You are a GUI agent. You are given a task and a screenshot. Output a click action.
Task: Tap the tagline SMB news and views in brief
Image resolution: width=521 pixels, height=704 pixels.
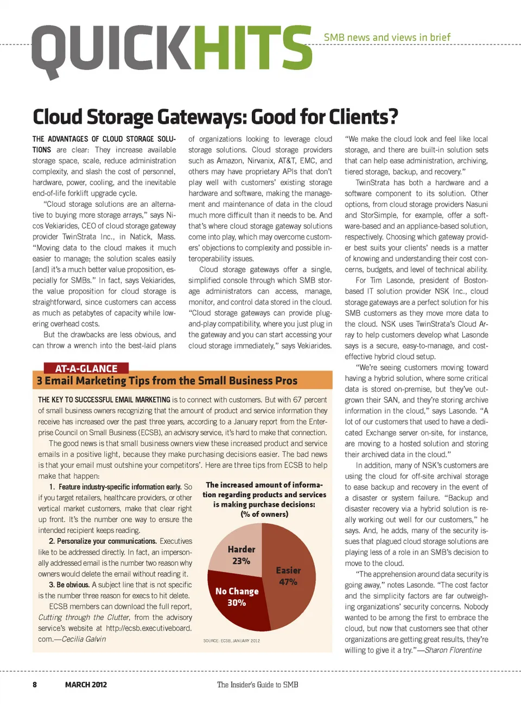coord(387,37)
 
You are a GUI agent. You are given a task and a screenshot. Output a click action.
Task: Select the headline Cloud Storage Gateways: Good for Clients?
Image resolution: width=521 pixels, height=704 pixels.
coord(215,117)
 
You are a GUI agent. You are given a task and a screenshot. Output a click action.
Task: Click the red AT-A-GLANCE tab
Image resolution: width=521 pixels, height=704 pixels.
coord(86,369)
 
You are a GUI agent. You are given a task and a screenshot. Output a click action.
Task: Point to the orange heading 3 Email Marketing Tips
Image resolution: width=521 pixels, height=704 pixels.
coord(167,380)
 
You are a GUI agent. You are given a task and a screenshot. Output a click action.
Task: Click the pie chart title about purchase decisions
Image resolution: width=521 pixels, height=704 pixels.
coord(264,499)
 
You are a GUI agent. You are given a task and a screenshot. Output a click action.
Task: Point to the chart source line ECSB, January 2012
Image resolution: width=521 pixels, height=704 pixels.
coord(232,640)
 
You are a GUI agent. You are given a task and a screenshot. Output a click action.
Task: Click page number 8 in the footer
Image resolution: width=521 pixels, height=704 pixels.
coord(35,684)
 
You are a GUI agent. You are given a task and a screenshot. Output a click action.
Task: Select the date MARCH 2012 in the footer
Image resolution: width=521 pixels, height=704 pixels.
coord(86,684)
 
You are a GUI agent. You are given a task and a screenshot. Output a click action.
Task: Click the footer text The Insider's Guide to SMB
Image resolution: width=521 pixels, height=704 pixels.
coord(257,684)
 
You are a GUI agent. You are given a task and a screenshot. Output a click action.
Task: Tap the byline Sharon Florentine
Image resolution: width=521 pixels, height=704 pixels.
coord(453,650)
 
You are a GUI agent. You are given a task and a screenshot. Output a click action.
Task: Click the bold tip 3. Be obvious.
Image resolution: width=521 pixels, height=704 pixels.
coord(69,585)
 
